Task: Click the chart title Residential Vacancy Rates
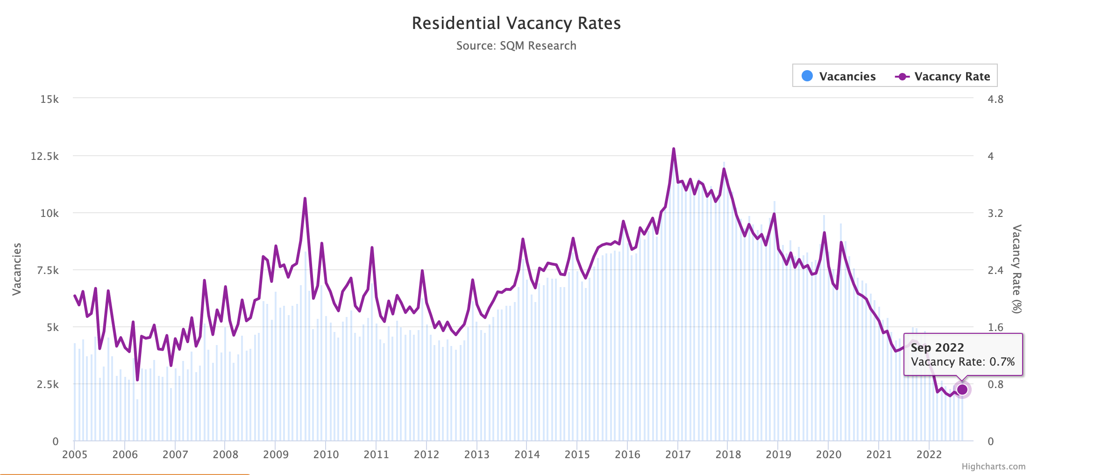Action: pyautogui.click(x=516, y=23)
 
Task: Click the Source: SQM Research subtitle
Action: pyautogui.click(x=516, y=46)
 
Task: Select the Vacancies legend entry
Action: pyautogui.click(x=839, y=76)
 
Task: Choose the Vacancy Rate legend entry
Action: pyautogui.click(x=943, y=76)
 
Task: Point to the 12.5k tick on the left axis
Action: pyautogui.click(x=45, y=156)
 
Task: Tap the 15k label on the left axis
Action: pyautogui.click(x=50, y=99)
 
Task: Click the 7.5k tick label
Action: pyautogui.click(x=48, y=270)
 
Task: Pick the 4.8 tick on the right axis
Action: pyautogui.click(x=995, y=99)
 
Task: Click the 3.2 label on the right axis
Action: pyautogui.click(x=995, y=213)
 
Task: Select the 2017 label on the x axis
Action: pyautogui.click(x=677, y=454)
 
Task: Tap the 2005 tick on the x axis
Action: pyautogui.click(x=75, y=454)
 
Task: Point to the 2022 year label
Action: pyautogui.click(x=929, y=454)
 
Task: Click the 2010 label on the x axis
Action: pyautogui.click(x=326, y=454)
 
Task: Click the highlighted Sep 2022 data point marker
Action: pyautogui.click(x=962, y=389)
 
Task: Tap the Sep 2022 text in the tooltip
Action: pyautogui.click(x=937, y=347)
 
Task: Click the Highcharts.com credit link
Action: pyautogui.click(x=993, y=467)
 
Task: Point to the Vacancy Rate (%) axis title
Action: pyautogui.click(x=1017, y=269)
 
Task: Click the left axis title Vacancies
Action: pyautogui.click(x=17, y=269)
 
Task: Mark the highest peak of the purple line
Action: pyautogui.click(x=674, y=149)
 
